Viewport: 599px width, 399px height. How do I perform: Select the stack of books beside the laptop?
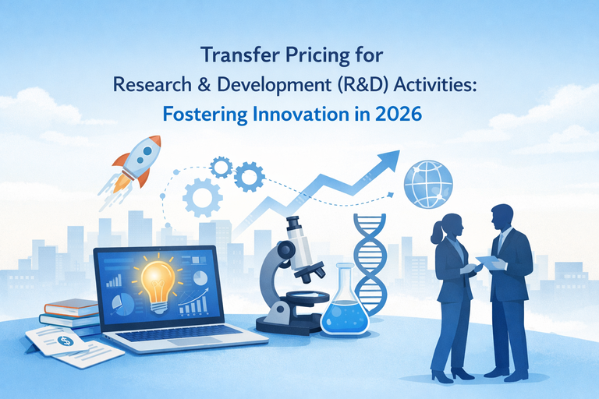point(70,312)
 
